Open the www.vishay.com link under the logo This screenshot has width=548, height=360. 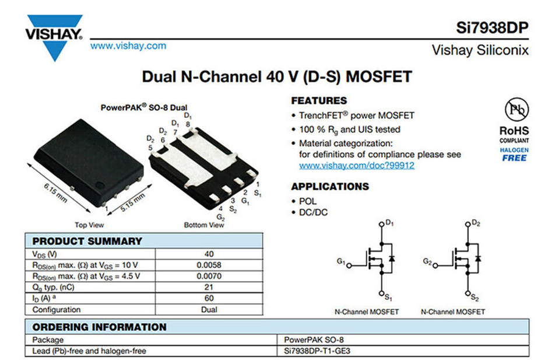128,46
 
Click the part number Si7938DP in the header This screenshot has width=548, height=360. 492,27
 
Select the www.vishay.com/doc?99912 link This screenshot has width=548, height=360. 356,166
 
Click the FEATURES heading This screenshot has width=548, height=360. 319,100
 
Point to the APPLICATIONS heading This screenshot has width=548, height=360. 330,187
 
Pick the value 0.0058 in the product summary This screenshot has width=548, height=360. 209,265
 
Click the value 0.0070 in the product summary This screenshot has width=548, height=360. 209,276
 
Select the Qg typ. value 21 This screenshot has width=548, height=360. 209,287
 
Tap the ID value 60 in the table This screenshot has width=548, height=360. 209,298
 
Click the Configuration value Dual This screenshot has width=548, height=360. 209,310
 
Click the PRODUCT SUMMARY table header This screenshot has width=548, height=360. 87,241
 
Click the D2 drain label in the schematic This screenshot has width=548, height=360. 476,223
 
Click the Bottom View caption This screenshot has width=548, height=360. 203,225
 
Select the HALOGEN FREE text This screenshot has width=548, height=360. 514,154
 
